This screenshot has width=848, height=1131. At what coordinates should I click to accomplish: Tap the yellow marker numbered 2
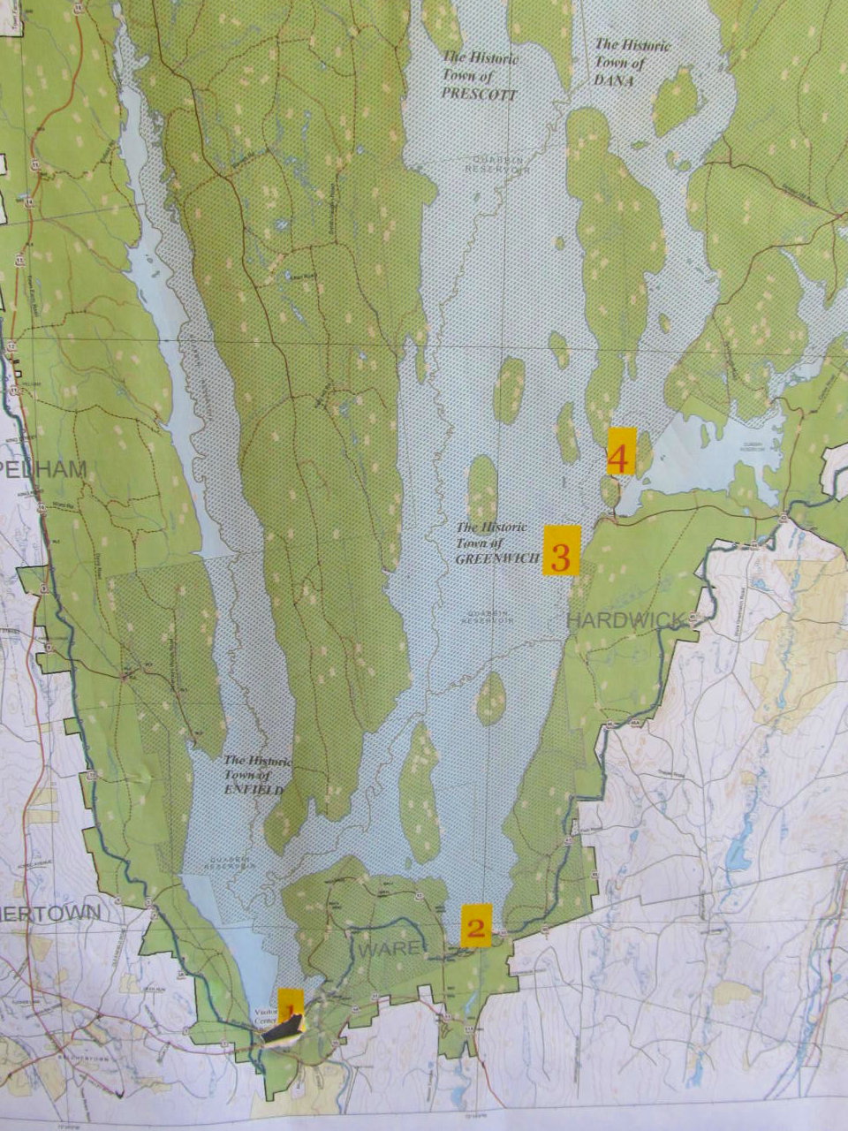pos(476,926)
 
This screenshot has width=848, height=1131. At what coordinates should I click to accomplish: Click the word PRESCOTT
pos(480,91)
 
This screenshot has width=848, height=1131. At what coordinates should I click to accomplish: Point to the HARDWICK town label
pos(625,619)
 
